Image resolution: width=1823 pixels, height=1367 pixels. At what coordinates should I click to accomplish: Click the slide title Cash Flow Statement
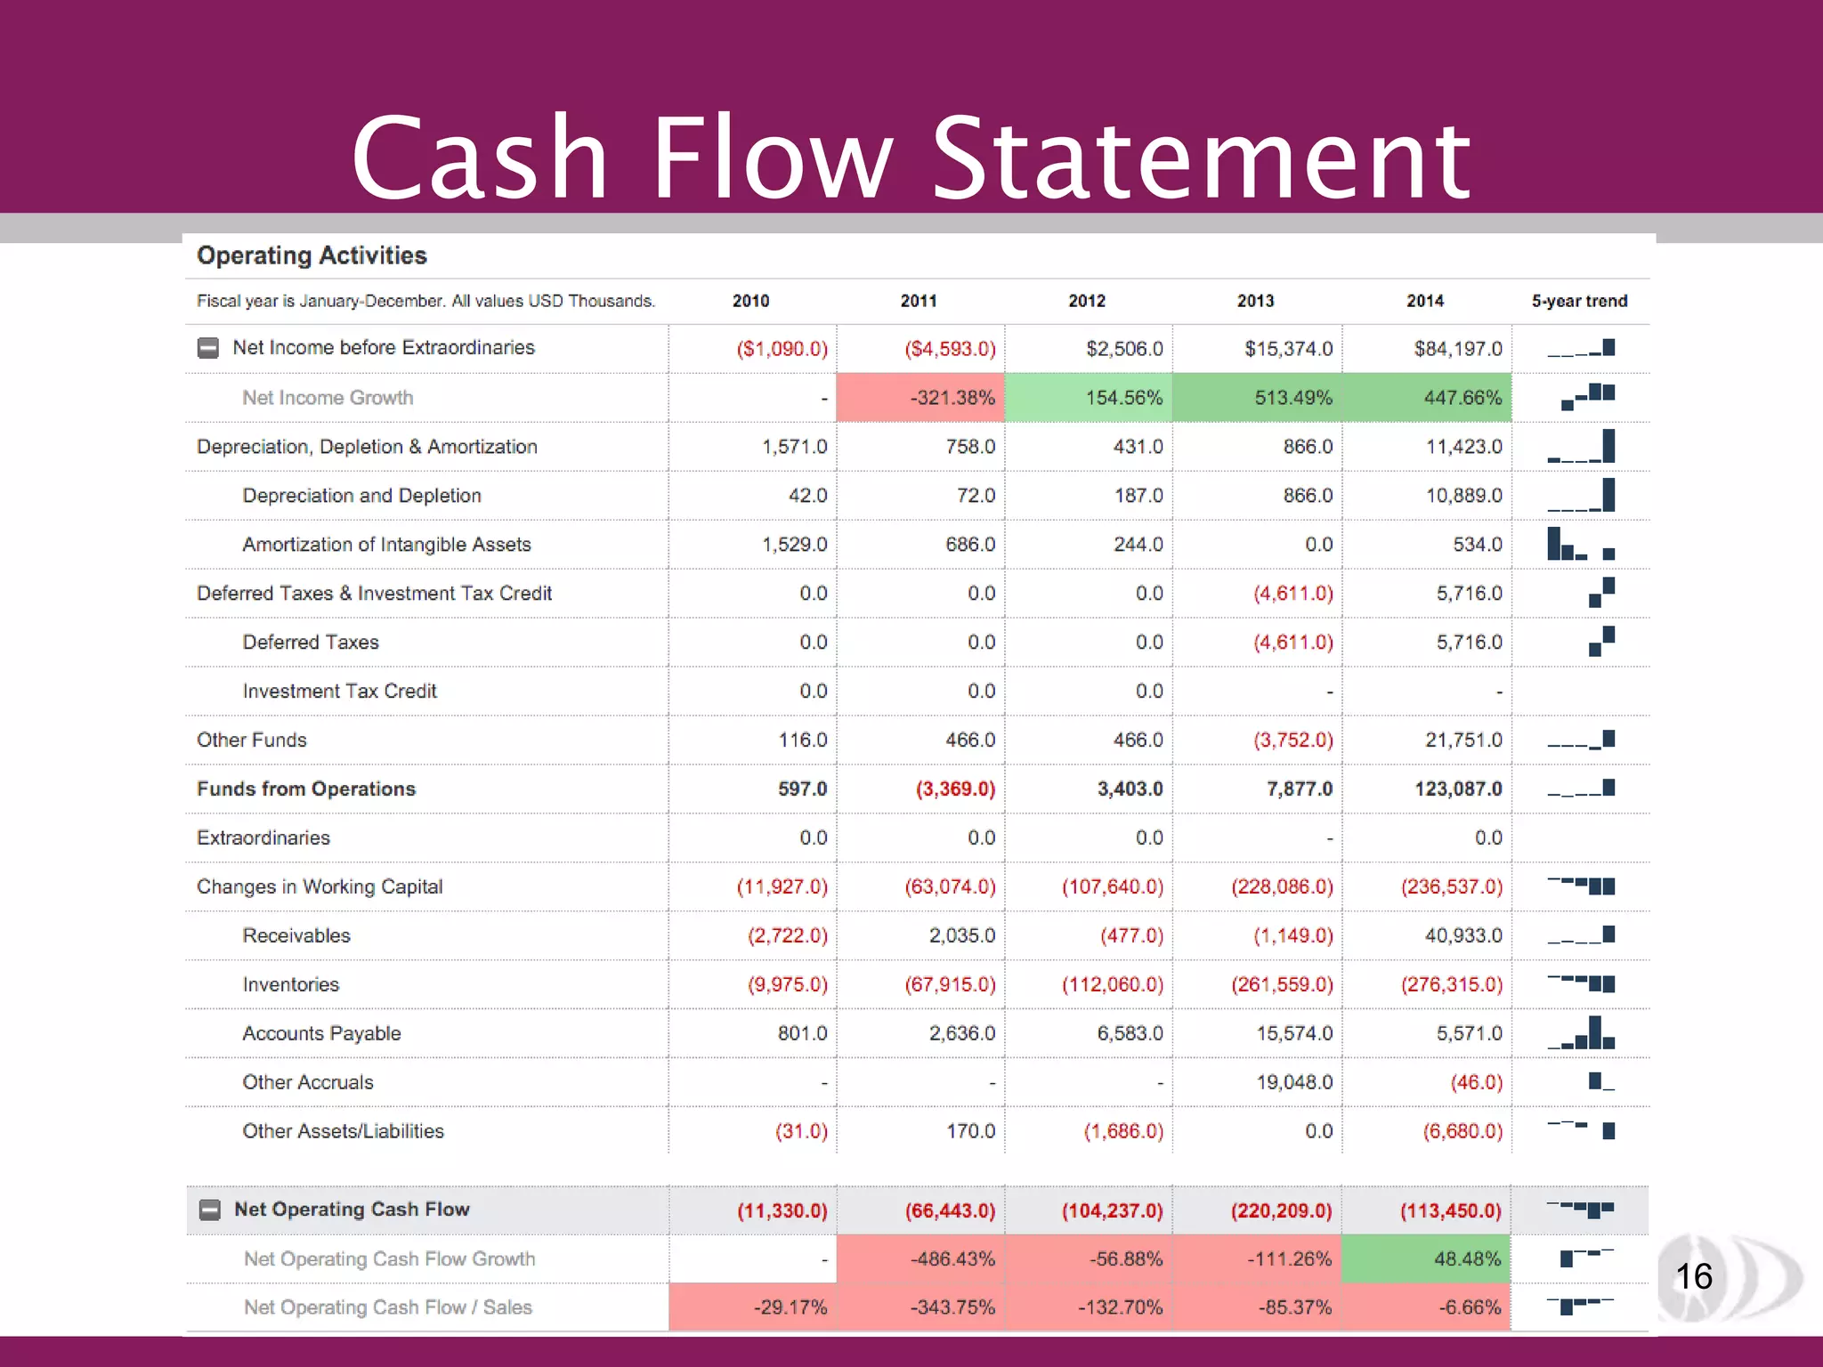pos(911,158)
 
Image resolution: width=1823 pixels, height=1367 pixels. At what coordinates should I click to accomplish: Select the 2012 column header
pos(1086,301)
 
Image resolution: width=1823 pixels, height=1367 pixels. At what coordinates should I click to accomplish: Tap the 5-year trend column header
pos(1579,301)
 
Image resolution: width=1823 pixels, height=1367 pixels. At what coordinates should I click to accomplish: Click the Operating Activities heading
pos(312,255)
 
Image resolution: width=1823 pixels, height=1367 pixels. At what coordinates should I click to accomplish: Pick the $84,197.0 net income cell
pos(1457,349)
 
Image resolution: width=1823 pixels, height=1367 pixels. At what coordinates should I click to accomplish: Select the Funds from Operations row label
pos(306,789)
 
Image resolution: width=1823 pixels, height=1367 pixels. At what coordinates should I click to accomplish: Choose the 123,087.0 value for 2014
pos(1457,789)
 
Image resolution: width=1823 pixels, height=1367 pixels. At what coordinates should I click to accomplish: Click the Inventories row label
pos(291,984)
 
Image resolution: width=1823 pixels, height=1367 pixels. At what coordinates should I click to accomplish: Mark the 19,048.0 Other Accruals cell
pos(1293,1082)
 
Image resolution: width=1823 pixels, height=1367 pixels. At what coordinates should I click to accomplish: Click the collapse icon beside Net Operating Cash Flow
pos(209,1209)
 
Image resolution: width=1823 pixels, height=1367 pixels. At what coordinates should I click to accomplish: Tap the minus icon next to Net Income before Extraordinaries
pos(207,348)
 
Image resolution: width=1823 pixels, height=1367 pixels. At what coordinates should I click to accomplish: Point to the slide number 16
pos(1693,1277)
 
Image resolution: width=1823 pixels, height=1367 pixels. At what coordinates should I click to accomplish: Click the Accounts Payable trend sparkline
pos(1581,1033)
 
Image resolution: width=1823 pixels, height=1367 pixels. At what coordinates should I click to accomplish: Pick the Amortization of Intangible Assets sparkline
pos(1581,544)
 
